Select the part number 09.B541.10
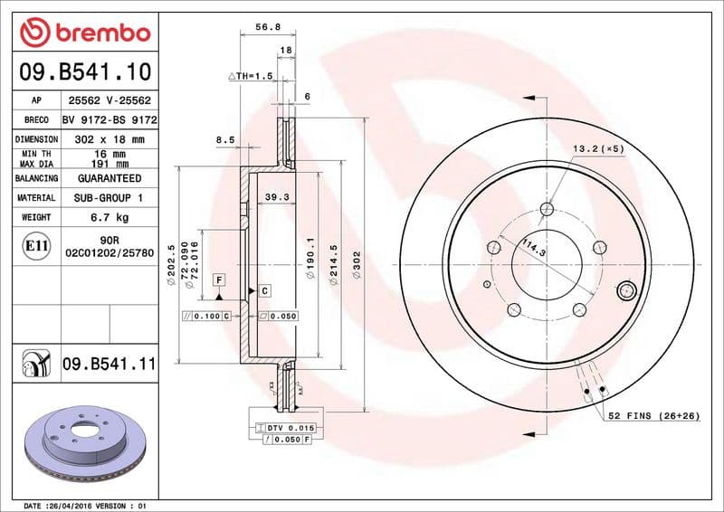[84, 71]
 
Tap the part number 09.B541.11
[110, 365]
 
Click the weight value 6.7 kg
[109, 217]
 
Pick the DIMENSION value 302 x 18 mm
[109, 139]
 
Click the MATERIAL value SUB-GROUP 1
[109, 197]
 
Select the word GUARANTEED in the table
[109, 178]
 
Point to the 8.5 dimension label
[224, 139]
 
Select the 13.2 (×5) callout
[598, 148]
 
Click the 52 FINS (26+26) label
[655, 414]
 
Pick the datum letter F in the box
[219, 280]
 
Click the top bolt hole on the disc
[547, 210]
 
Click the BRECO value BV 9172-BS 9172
[109, 119]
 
